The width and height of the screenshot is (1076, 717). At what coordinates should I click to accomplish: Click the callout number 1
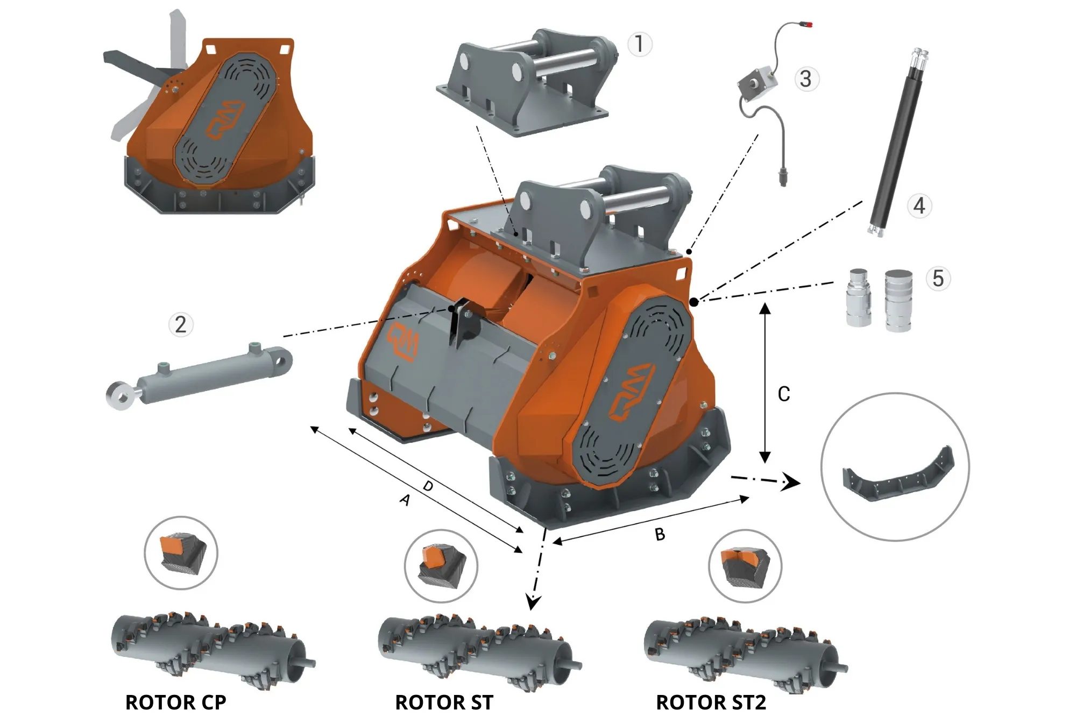point(639,44)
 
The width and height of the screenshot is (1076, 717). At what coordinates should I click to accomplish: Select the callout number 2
point(181,325)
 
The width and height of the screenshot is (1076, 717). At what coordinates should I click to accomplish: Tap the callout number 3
point(805,79)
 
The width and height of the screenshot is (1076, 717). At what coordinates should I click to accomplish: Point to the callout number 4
point(919,205)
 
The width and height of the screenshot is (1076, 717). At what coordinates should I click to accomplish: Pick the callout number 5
point(938,279)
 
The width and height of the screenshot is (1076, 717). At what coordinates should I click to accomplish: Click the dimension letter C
point(784,394)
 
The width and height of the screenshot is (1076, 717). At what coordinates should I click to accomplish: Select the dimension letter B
point(660,534)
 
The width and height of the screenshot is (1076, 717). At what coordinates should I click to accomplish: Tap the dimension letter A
point(405,500)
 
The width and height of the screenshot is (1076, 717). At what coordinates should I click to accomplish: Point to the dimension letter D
point(428,486)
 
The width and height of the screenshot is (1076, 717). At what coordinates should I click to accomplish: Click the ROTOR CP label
point(176,702)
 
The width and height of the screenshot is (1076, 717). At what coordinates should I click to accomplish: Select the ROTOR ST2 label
point(711,702)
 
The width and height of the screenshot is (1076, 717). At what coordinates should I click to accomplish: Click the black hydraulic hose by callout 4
point(897,143)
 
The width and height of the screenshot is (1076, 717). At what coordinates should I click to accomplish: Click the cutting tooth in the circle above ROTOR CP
point(181,553)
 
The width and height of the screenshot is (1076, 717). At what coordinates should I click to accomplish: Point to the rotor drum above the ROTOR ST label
point(473,651)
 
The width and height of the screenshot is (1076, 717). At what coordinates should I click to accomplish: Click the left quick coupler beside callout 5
point(858,298)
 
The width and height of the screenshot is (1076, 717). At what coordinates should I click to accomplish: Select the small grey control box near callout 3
point(758,83)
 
